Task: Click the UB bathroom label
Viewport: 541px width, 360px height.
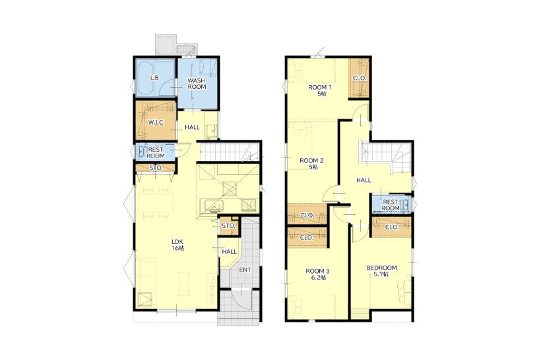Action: (x=154, y=78)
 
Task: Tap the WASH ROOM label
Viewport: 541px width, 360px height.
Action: (x=197, y=84)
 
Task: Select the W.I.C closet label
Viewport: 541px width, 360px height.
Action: (x=156, y=123)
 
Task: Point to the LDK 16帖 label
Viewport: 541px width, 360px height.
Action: (x=178, y=245)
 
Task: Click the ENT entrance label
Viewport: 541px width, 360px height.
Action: (x=245, y=270)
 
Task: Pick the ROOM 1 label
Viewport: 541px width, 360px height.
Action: (x=320, y=90)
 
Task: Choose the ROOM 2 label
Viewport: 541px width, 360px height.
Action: (x=311, y=164)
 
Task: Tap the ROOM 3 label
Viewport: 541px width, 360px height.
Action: (x=318, y=274)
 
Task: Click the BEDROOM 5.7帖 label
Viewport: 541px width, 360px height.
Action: (x=381, y=271)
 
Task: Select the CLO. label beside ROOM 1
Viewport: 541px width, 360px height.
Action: (x=359, y=78)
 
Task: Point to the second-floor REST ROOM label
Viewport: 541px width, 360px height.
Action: (x=391, y=205)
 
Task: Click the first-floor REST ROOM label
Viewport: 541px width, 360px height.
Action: (x=156, y=153)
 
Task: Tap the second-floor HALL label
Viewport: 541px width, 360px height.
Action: (x=364, y=180)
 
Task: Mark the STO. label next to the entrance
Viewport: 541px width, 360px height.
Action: (x=228, y=226)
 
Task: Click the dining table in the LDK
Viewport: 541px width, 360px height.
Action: (x=156, y=203)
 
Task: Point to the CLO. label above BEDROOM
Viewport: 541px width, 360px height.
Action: (x=392, y=227)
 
